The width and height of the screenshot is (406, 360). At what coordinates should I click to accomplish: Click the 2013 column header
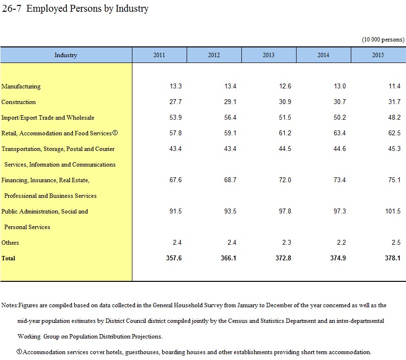coord(269,55)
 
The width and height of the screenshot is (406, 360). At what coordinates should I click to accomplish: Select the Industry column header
coord(66,55)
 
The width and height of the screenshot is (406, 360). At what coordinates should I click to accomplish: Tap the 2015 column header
coord(378,55)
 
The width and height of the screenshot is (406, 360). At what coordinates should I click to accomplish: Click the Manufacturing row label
coord(21,86)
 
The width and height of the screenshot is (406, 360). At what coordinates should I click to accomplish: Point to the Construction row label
coord(19,102)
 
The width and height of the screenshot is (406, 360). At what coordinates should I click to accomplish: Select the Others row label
coord(10,243)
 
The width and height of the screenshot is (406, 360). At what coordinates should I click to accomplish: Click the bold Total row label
coord(8,258)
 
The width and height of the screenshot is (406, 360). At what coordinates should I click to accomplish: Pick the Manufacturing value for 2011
coord(175,86)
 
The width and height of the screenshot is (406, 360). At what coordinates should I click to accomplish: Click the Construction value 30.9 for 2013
coord(285,102)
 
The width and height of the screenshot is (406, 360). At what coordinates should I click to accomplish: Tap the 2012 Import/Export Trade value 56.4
coord(230,118)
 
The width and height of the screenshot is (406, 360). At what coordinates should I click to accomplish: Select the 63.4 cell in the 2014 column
coord(340,133)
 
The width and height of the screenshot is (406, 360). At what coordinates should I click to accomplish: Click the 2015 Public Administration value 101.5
coord(393,211)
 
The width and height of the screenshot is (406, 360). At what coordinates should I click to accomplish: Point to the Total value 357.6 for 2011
coord(174,258)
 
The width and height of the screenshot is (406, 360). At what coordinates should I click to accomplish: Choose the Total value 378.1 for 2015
coord(393,258)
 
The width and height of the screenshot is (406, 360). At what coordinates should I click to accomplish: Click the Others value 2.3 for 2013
coord(287,242)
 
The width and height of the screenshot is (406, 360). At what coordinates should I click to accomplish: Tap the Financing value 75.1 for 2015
coord(394,180)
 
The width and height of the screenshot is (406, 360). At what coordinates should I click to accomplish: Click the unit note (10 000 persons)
coord(383,40)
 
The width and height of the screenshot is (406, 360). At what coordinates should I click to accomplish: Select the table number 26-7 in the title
coord(11,8)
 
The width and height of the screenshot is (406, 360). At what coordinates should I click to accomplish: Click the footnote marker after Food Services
coord(115,133)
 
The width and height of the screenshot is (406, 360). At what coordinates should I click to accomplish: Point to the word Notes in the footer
coord(9,305)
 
